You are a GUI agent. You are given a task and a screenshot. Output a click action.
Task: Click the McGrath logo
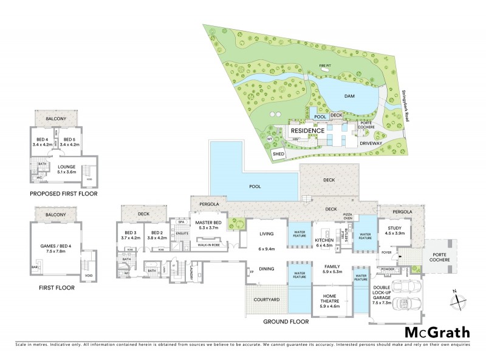coord(437,332)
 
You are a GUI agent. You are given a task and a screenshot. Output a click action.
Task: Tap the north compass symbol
coord(460,299)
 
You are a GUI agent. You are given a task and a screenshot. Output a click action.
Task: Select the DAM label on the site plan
coord(349,96)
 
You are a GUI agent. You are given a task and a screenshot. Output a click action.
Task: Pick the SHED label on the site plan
coord(279,154)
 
